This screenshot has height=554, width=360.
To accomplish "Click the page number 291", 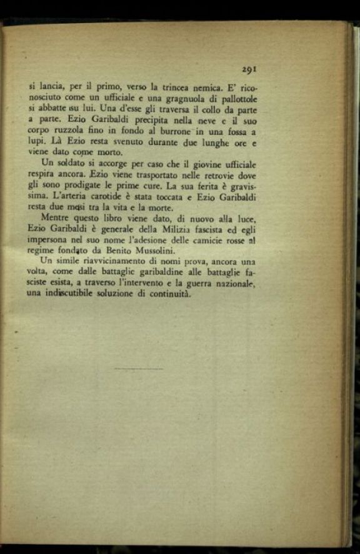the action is [x=251, y=71].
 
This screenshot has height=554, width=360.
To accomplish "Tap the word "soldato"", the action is [x=72, y=164].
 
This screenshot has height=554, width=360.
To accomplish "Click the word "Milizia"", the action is [x=149, y=229].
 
